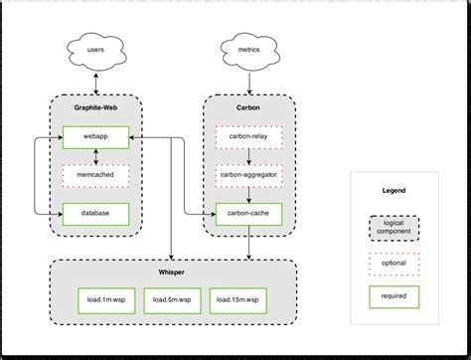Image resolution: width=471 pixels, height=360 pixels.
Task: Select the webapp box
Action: point(94,134)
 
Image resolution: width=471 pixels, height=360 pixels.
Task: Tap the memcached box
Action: point(94,174)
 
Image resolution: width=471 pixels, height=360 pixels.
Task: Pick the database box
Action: point(94,212)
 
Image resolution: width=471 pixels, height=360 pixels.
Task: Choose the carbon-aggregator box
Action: point(248,174)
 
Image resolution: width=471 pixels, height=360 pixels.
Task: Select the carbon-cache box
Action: point(248,212)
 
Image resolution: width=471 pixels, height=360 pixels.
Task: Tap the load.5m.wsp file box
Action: point(173,298)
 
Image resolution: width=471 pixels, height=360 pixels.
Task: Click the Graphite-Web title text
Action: point(94,109)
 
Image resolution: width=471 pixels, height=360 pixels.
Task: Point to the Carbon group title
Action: point(248,109)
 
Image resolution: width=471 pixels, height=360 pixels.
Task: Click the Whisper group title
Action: point(172,271)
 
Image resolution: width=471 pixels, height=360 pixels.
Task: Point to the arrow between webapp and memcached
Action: point(94,154)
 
